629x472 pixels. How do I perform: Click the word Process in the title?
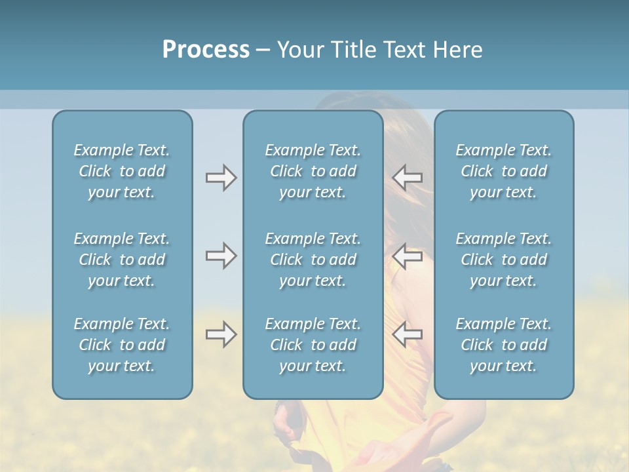[x=206, y=50]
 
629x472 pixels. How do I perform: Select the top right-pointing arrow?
[x=221, y=177]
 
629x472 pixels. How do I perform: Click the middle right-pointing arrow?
[x=221, y=256]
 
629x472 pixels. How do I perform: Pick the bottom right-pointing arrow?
[x=221, y=334]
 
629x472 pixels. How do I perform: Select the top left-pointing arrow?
[x=407, y=177]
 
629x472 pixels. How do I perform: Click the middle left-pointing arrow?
[x=407, y=256]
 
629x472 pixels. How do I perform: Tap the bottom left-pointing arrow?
[x=407, y=334]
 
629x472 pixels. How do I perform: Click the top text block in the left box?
[x=122, y=171]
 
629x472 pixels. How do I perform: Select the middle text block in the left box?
[x=122, y=260]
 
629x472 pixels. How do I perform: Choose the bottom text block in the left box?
[x=122, y=345]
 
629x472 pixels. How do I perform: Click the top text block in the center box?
[x=313, y=171]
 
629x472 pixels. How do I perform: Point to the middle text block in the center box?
[x=313, y=260]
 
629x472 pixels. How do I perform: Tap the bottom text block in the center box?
[x=313, y=345]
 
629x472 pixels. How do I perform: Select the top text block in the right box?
[x=504, y=171]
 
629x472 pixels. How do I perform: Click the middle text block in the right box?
[x=504, y=260]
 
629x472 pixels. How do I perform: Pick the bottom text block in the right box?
[x=504, y=345]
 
